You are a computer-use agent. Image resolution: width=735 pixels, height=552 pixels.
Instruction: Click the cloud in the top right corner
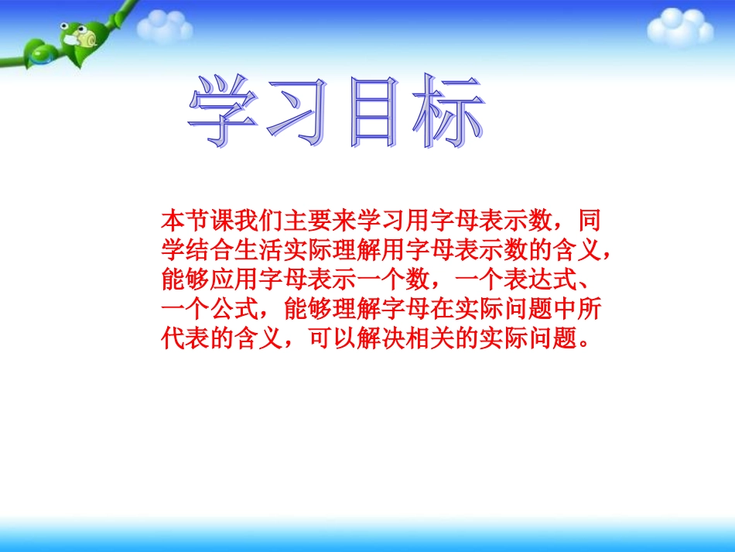pos(679,27)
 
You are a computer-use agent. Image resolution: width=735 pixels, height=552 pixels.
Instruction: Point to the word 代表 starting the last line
pos(180,338)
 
